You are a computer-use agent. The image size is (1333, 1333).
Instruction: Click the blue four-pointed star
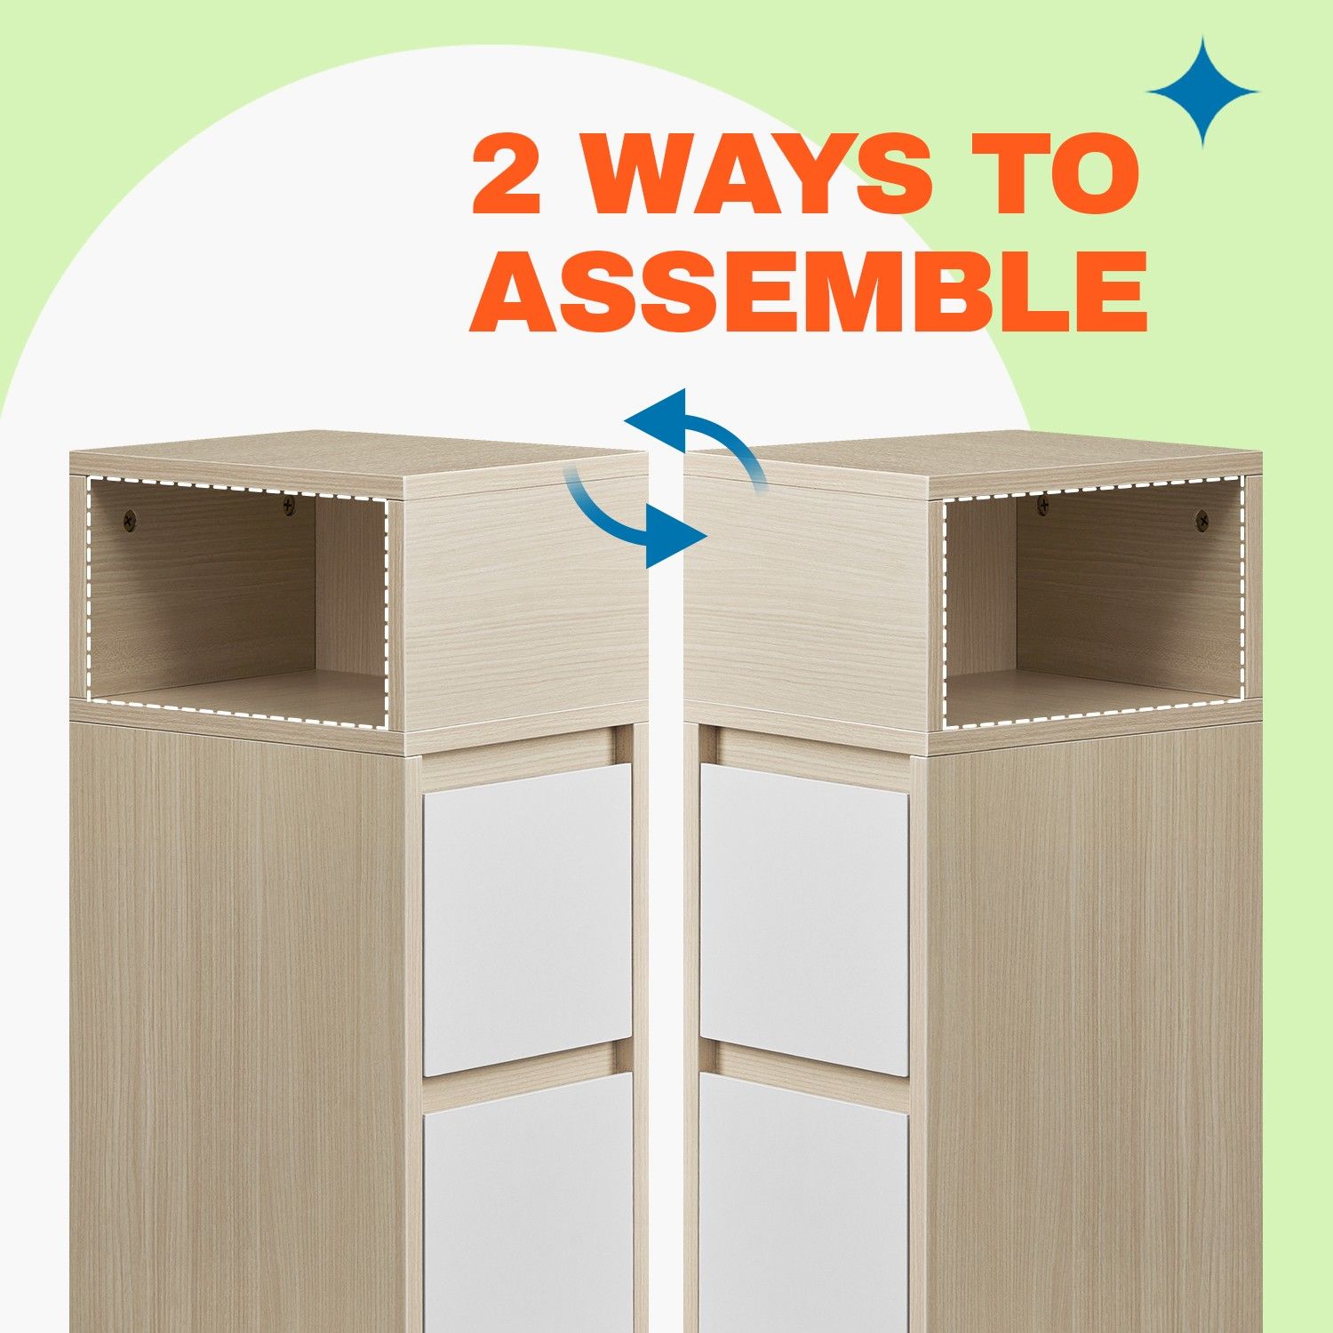tap(1202, 91)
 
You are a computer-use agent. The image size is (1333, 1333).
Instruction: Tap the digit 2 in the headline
tap(507, 175)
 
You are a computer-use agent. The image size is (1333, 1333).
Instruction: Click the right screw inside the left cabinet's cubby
tap(289, 506)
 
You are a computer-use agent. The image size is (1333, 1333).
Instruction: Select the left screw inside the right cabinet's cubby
tap(1044, 506)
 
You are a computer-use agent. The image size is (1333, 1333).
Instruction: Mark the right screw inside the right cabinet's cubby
tap(1201, 517)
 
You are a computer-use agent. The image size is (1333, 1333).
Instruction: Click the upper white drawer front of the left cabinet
tap(527, 919)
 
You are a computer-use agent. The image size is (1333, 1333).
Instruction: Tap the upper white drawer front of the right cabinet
tap(804, 919)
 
